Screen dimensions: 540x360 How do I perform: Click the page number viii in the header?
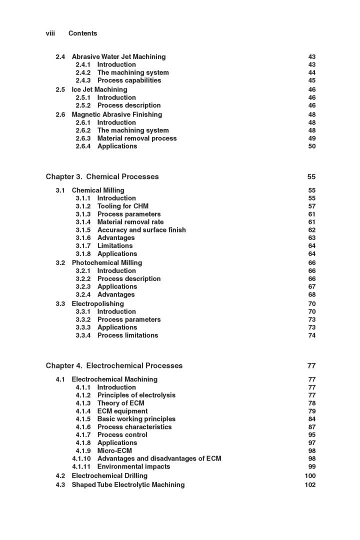50,33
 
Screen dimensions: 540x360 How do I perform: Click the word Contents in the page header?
82,33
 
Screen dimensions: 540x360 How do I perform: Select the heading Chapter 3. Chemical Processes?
102,176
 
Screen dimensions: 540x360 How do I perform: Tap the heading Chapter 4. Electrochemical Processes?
114,365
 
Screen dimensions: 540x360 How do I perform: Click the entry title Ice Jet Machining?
99,89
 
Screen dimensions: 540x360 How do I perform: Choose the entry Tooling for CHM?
122,206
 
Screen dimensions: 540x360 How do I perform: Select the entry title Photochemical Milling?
107,262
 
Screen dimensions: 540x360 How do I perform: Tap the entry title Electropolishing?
98,303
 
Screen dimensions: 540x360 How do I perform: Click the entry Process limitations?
127,335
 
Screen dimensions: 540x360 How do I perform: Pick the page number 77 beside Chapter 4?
311,365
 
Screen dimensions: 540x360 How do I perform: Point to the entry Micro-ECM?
115,450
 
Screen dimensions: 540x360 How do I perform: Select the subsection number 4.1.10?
82,458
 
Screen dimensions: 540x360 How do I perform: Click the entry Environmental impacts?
133,466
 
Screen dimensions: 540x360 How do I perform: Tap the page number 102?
310,484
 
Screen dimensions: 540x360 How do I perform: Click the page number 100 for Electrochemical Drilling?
310,475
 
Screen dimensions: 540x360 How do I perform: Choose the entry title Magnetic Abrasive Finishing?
117,114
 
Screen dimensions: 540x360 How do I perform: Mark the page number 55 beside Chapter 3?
311,176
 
